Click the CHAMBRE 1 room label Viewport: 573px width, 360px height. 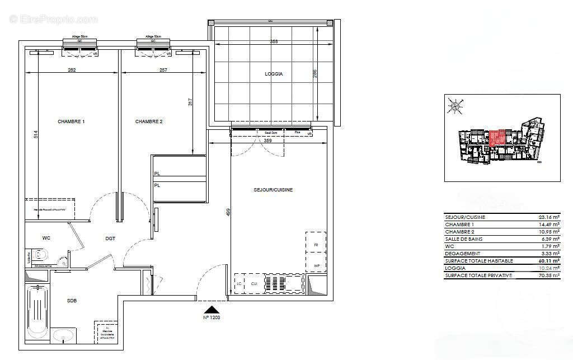[71, 121]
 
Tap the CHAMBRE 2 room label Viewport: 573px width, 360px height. [149, 121]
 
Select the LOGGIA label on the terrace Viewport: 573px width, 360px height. [274, 74]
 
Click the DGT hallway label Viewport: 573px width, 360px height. [110, 239]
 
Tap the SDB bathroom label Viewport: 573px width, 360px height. [72, 301]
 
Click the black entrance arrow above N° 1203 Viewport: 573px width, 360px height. [211, 309]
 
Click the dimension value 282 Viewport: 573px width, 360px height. [72, 70]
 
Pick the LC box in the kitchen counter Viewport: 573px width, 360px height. [239, 284]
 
